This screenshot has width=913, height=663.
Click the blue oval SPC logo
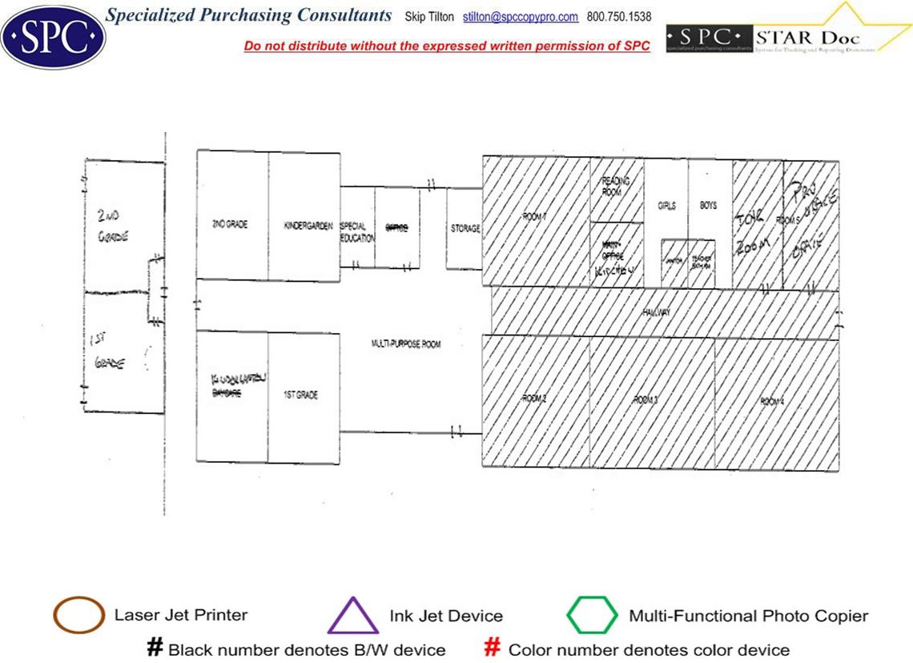coord(53,36)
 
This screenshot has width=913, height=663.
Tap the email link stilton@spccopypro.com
coord(520,17)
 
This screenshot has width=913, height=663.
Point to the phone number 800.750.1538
coord(619,17)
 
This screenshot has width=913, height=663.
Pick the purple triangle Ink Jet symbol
coord(352,616)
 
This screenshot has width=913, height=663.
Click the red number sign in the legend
coord(493,648)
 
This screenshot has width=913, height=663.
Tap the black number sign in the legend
coord(155,648)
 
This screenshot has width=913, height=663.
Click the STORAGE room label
coord(465,229)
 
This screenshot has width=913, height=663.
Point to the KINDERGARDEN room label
coord(308,225)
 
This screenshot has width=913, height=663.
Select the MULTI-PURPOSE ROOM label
coord(405,344)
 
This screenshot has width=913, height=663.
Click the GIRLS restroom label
coord(666,206)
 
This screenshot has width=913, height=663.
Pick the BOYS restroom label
coord(708,206)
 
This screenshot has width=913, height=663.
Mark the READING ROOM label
coord(616,187)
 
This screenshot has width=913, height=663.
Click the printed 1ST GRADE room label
coord(301,395)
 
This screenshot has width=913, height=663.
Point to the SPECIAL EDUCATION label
coord(357,232)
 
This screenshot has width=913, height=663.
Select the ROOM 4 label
coord(772,401)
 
